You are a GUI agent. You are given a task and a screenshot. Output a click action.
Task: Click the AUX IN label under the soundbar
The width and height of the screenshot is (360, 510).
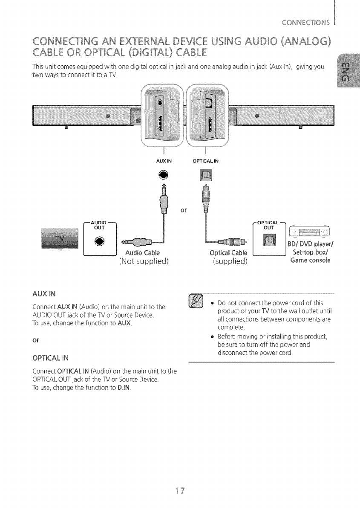click(164, 161)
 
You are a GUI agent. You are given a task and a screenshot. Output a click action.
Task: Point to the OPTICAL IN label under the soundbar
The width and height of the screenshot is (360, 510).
click(206, 161)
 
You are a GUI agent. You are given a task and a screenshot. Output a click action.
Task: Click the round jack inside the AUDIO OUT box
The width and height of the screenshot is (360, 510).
click(99, 241)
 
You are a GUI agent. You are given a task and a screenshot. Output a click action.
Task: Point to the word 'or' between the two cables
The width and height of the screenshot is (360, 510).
click(184, 210)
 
